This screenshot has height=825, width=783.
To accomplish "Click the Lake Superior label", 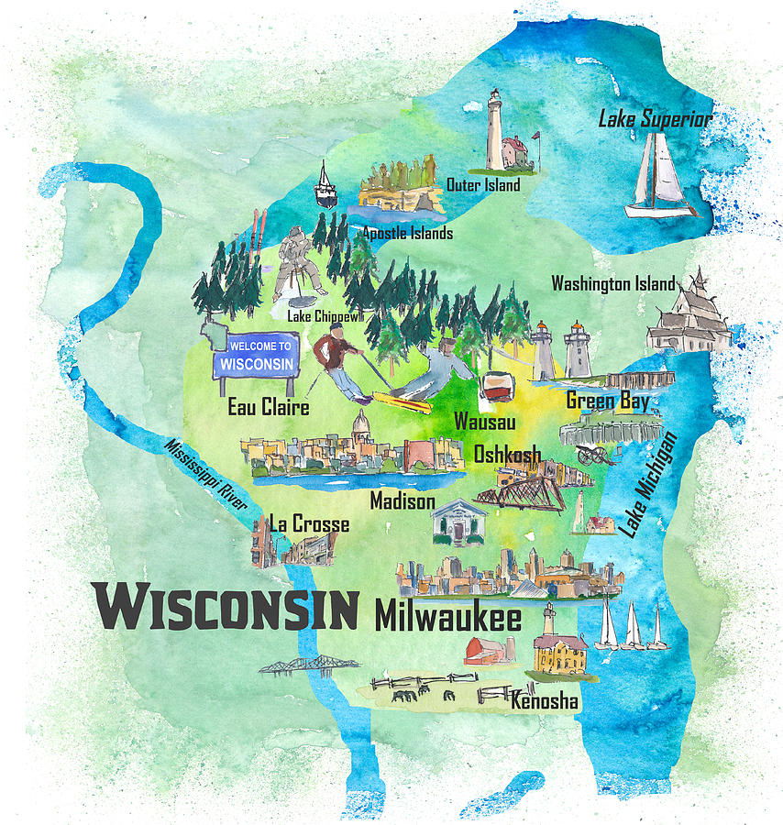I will pos(655,118).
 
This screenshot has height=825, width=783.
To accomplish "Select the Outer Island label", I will pos(483,185).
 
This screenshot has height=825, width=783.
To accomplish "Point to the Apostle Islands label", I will pos(407,233).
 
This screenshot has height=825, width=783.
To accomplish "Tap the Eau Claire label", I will pos(268,407).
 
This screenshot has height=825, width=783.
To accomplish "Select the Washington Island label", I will pos(613,283).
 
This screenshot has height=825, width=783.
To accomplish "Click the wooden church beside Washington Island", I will pos(689,314).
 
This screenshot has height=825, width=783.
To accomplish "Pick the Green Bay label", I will pos(607,401).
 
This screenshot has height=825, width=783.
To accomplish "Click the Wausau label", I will pos(485,423).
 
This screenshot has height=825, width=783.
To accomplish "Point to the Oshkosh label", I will pos(507,454).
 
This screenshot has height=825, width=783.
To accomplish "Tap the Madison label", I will pos(403,501).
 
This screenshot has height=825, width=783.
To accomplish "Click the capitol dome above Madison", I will pos(362,424).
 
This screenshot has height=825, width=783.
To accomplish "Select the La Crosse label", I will pos(309,524).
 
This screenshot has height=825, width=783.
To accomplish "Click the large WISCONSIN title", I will pos(226,608).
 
